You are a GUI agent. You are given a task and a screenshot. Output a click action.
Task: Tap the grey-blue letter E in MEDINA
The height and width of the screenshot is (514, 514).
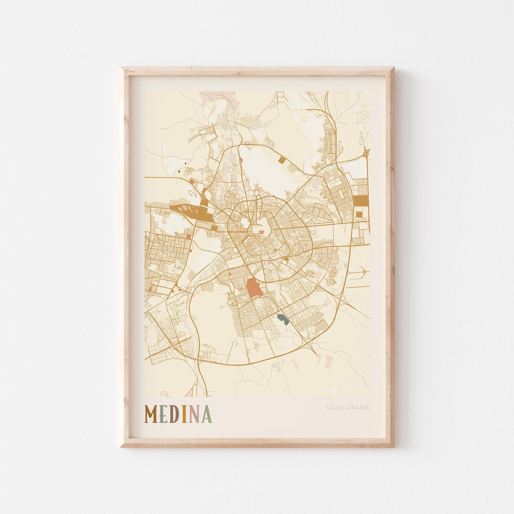[164, 415]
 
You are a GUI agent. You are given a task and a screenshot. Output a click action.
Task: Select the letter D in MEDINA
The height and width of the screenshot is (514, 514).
[174, 415]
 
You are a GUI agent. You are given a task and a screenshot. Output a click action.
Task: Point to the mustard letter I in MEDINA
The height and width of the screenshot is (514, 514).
[184, 415]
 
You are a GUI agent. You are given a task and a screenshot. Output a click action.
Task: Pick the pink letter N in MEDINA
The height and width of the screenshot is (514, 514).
[194, 415]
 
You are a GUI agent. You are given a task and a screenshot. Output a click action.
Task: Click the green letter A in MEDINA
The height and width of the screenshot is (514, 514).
[206, 415]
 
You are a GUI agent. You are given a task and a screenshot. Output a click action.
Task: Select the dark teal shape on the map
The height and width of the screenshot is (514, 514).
[283, 318]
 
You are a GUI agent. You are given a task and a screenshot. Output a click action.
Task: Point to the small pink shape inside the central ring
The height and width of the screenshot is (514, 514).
[261, 232]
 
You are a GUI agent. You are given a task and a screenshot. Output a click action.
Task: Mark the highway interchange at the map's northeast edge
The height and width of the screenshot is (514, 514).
[365, 153]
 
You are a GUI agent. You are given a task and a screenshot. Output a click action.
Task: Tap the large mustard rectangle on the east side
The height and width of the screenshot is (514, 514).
[361, 201]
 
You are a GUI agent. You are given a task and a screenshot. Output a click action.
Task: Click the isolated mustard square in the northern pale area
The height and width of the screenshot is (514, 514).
[282, 160]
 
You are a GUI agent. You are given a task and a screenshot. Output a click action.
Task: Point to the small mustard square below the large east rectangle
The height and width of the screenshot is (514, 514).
[359, 215]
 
